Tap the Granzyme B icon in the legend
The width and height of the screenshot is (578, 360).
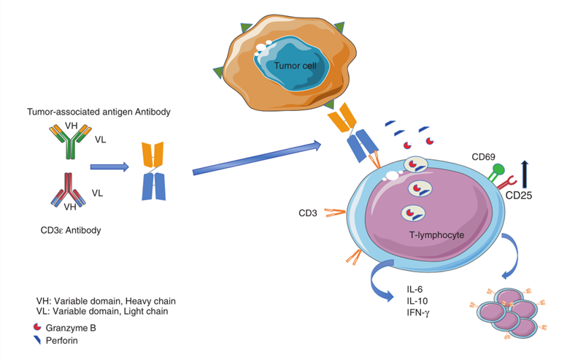42,329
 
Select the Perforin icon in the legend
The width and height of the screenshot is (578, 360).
42,340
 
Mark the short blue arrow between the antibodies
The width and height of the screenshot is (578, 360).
109,166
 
